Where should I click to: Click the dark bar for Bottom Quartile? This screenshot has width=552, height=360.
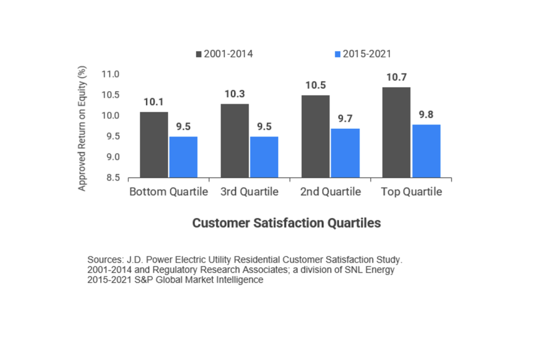pyautogui.click(x=154, y=144)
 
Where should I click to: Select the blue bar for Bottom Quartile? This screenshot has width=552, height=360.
pyautogui.click(x=183, y=157)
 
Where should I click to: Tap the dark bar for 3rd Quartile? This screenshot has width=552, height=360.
pyautogui.click(x=234, y=141)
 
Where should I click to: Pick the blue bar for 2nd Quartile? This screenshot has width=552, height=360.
pyautogui.click(x=345, y=153)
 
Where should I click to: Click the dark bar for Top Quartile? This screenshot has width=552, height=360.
pyautogui.click(x=396, y=132)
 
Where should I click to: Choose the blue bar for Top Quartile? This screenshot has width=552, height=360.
pyautogui.click(x=426, y=151)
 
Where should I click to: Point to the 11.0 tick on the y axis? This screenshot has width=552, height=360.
pyautogui.click(x=111, y=74)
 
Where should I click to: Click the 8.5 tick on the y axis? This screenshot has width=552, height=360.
pyautogui.click(x=111, y=178)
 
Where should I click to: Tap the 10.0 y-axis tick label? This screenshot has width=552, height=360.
pyautogui.click(x=111, y=115)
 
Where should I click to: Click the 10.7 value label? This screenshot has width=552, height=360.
pyautogui.click(x=396, y=78)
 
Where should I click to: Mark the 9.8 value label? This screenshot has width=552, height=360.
pyautogui.click(x=426, y=115)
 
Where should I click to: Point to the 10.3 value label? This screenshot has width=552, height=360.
pyautogui.click(x=234, y=94)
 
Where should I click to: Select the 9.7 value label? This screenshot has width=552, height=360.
pyautogui.click(x=345, y=119)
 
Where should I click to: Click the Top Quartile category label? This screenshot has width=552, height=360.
pyautogui.click(x=411, y=192)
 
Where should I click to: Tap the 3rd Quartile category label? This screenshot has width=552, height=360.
pyautogui.click(x=249, y=192)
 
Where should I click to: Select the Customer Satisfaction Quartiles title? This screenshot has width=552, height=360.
pyautogui.click(x=286, y=223)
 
